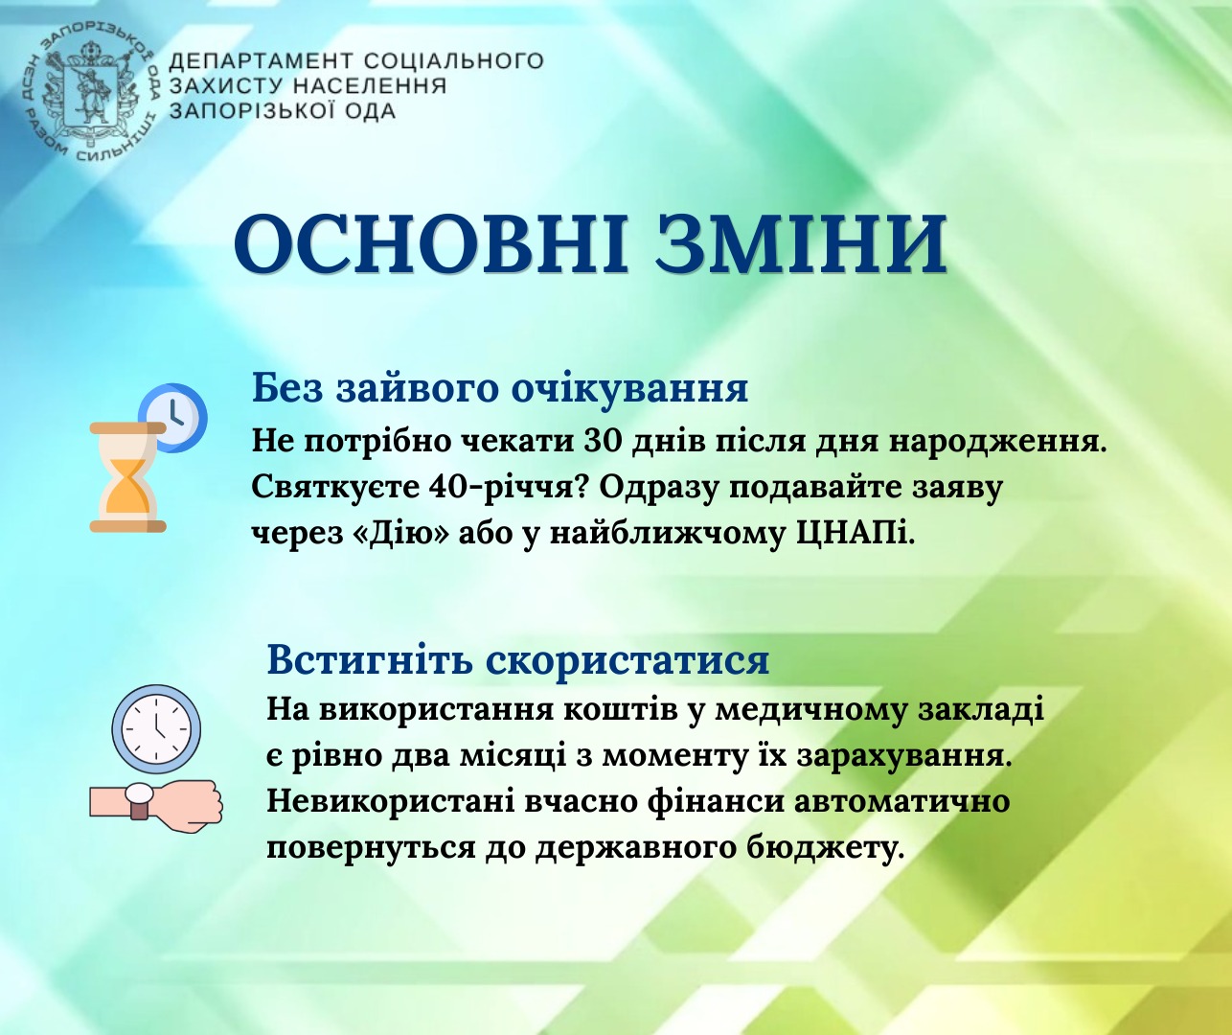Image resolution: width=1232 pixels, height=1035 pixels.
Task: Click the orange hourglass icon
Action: pos(128,477)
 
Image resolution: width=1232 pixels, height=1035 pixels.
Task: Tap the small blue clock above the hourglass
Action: pos(172,418)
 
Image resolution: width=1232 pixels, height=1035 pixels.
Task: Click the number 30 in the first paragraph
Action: pos(602,442)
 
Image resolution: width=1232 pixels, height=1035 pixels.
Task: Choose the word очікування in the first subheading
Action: pos(629,389)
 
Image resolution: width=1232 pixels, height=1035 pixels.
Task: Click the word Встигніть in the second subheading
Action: pos(370,659)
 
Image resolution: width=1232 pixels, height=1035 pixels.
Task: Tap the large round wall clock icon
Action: pos(156,728)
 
